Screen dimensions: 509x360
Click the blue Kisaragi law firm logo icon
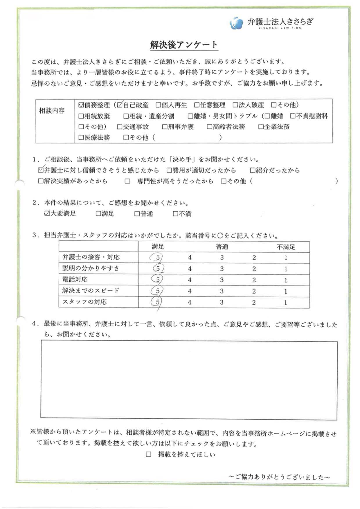point(236,23)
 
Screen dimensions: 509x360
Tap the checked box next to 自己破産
point(120,105)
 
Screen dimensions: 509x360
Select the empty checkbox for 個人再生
point(158,105)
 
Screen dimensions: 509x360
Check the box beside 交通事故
point(120,127)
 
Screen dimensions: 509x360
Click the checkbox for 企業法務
point(261,127)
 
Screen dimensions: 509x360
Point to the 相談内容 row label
point(52,111)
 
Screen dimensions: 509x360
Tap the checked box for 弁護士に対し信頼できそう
point(41,170)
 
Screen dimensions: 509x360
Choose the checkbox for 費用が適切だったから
point(169,170)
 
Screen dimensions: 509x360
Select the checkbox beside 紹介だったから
point(252,170)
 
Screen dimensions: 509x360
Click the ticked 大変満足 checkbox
point(47,214)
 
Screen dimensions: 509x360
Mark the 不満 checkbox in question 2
point(175,214)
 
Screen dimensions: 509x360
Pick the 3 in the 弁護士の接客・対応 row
point(222,258)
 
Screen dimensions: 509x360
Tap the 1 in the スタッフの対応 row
point(286,303)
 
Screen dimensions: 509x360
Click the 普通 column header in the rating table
point(222,247)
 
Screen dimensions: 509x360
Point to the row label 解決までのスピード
point(91,291)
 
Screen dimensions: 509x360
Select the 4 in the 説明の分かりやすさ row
point(190,269)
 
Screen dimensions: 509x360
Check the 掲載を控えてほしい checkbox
point(148,454)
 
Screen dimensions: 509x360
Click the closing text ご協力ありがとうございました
point(279,477)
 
